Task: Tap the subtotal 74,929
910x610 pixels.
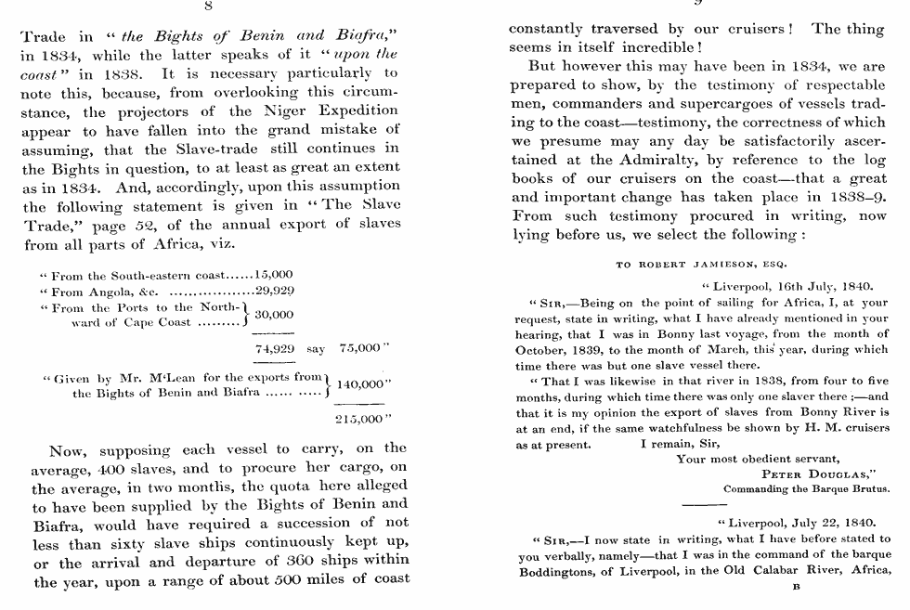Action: click(x=274, y=348)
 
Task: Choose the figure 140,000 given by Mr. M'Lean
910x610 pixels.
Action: click(x=364, y=385)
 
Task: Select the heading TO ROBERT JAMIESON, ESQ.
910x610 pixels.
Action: click(x=702, y=265)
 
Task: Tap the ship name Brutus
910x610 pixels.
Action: click(x=869, y=488)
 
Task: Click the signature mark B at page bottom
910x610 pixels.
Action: click(x=794, y=587)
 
